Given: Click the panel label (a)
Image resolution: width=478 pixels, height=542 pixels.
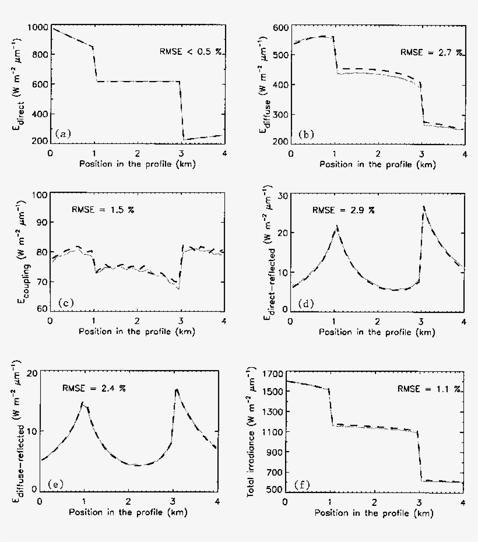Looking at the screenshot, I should [63, 135].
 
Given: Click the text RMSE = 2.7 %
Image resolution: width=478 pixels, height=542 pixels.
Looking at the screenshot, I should [431, 52].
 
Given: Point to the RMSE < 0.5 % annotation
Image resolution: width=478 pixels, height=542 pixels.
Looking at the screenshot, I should [191, 51].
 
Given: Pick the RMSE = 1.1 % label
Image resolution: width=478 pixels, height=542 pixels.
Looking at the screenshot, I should [430, 388].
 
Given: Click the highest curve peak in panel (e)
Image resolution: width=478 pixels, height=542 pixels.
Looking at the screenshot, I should [177, 389].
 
